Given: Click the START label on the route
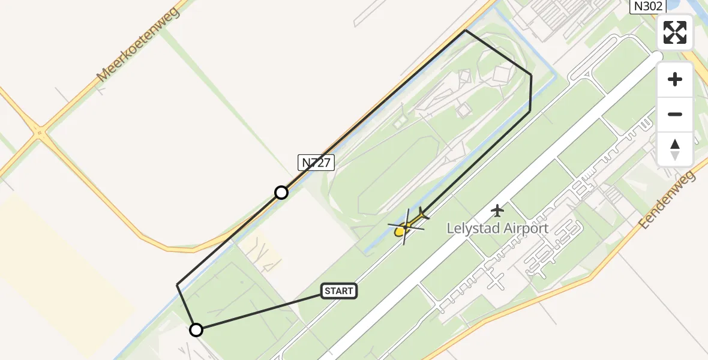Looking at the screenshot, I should pos(340,291).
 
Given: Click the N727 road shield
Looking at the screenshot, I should pos(316,162).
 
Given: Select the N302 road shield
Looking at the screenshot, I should pos(646,6).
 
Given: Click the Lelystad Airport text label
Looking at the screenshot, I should pos(498,228).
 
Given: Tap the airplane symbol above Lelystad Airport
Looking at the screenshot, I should pos(497,211).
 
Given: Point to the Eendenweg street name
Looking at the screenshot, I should pos(667,199).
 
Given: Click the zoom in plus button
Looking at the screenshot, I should pos(675,79).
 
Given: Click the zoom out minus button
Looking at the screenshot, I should pos(675,114).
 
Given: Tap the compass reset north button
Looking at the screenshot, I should pos(675,149).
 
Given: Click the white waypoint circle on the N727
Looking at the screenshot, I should pos(281,192).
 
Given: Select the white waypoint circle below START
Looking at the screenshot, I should pos(196,329).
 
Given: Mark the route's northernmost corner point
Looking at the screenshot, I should pos(466,30).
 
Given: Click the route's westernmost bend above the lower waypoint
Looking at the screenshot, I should pos(177,284).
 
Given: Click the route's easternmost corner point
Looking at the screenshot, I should pos(532,75).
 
